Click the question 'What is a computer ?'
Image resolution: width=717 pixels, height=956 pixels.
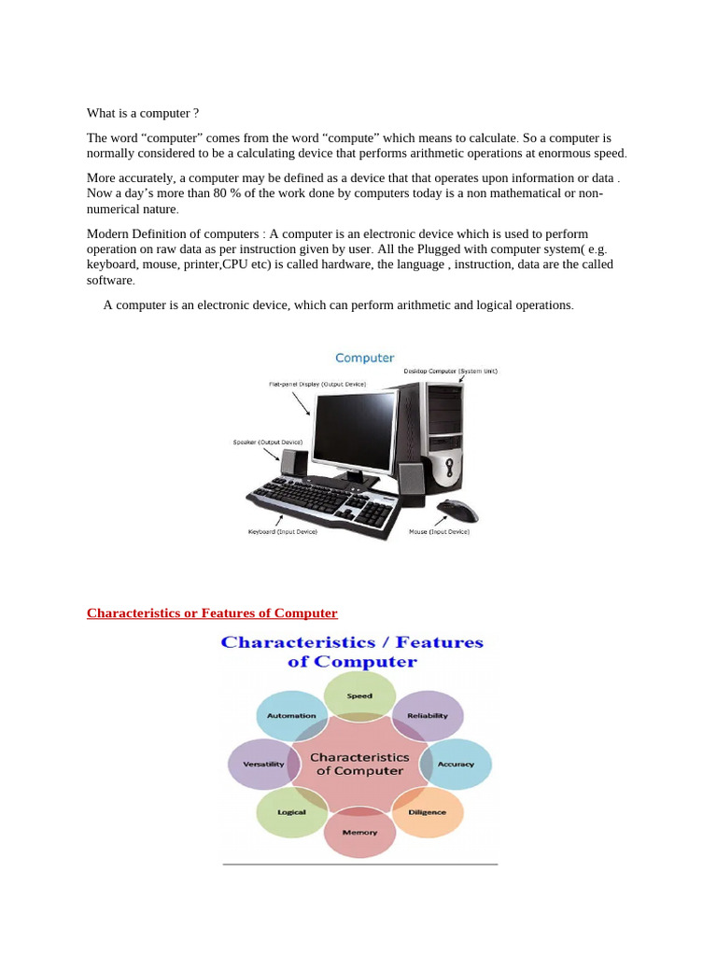click(143, 113)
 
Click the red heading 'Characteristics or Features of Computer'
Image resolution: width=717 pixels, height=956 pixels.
click(212, 613)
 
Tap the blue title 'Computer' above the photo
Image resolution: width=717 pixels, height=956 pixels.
click(364, 358)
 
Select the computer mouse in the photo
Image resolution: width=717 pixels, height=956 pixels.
click(458, 510)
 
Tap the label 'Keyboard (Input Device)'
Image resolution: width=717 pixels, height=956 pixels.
click(282, 531)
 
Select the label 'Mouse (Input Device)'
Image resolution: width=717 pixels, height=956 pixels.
click(439, 531)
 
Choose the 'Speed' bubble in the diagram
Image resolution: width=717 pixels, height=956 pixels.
click(359, 696)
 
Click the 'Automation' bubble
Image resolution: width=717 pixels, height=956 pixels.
click(291, 716)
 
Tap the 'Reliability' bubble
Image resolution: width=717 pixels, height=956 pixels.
click(428, 716)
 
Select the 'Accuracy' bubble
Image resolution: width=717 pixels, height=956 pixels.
click(456, 765)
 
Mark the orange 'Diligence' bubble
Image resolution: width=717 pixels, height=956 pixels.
click(428, 812)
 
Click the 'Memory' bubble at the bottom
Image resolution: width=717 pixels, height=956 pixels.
click(359, 832)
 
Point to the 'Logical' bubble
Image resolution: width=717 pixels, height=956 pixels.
click(291, 812)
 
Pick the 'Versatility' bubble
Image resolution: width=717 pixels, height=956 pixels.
click(263, 765)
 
